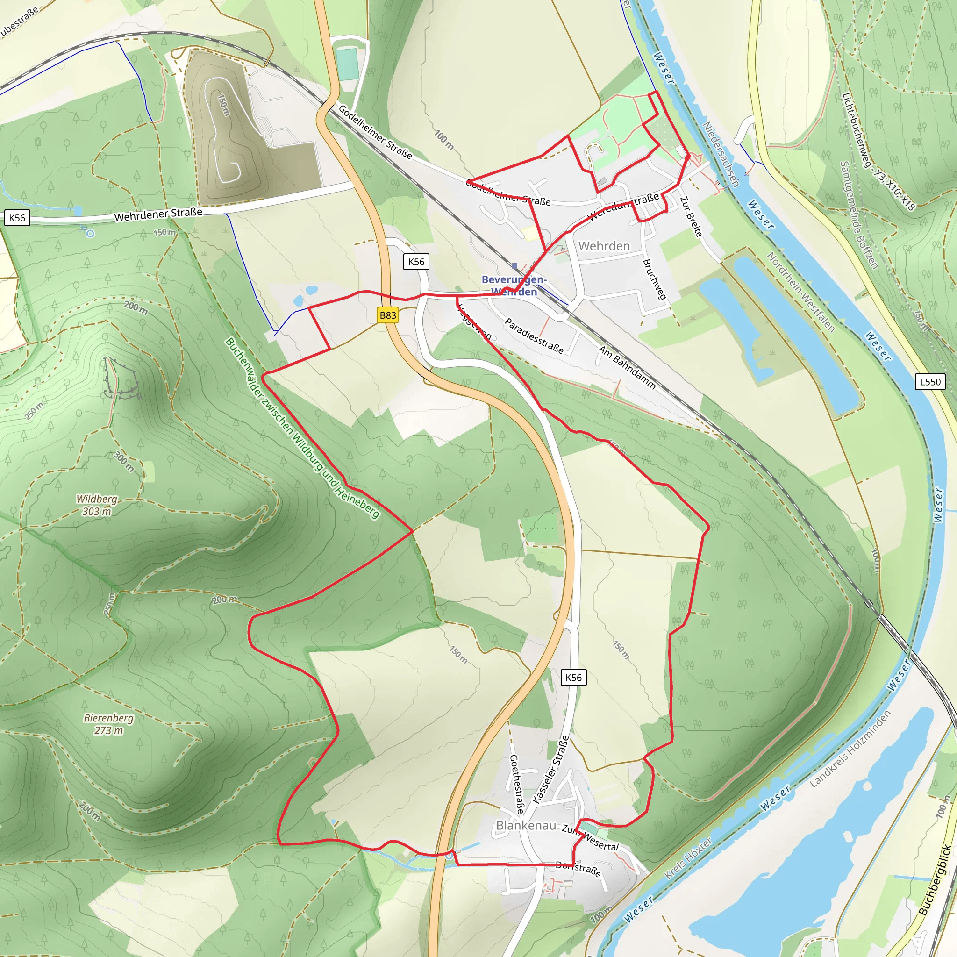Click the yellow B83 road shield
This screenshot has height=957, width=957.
click(x=388, y=315)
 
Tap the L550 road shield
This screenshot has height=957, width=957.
click(x=930, y=382)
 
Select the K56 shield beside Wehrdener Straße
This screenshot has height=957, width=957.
click(x=17, y=218)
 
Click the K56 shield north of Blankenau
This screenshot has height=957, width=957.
click(x=573, y=678)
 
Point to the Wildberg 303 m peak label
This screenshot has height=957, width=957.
click(x=97, y=505)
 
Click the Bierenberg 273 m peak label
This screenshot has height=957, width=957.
click(x=108, y=724)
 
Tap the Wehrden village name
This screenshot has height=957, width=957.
click(x=604, y=246)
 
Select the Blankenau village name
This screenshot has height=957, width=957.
click(x=526, y=825)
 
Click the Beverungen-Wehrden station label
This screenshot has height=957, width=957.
click(x=514, y=286)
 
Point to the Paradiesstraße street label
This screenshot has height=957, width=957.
click(x=534, y=336)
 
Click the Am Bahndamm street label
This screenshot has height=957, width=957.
click(x=627, y=368)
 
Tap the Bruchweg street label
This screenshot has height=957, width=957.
click(x=654, y=279)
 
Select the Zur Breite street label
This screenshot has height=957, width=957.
click(x=691, y=216)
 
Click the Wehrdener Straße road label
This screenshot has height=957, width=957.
click(x=158, y=214)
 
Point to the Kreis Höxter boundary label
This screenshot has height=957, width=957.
click(x=688, y=858)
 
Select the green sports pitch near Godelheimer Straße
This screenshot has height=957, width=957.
click(x=347, y=64)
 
